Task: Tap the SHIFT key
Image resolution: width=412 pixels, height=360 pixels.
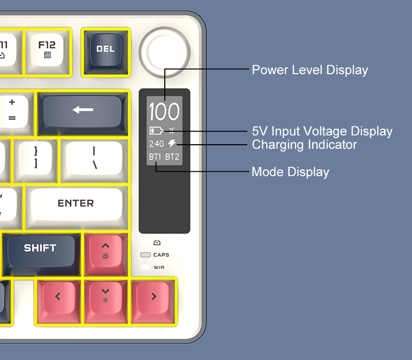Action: pos(40,249)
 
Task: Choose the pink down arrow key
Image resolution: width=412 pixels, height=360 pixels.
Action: pos(105,295)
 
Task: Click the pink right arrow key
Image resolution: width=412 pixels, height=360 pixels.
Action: pos(154,296)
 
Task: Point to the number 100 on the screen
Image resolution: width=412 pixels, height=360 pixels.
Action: pos(164,112)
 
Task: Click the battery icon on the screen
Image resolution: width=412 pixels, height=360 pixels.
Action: pos(155,131)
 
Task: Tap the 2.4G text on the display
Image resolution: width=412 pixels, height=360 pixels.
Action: pos(156,144)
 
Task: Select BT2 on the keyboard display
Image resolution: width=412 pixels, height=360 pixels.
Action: pos(172,157)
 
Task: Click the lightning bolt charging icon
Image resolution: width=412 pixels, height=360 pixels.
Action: pos(172,144)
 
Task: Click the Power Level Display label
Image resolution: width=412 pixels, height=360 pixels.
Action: pos(310,70)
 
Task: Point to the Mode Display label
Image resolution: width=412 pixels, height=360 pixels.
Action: pos(290,172)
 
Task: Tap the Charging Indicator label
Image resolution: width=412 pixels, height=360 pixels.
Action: pos(304,145)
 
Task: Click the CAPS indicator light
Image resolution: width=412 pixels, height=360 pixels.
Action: pos(145,255)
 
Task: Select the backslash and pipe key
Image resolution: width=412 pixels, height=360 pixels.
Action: pos(94,159)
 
